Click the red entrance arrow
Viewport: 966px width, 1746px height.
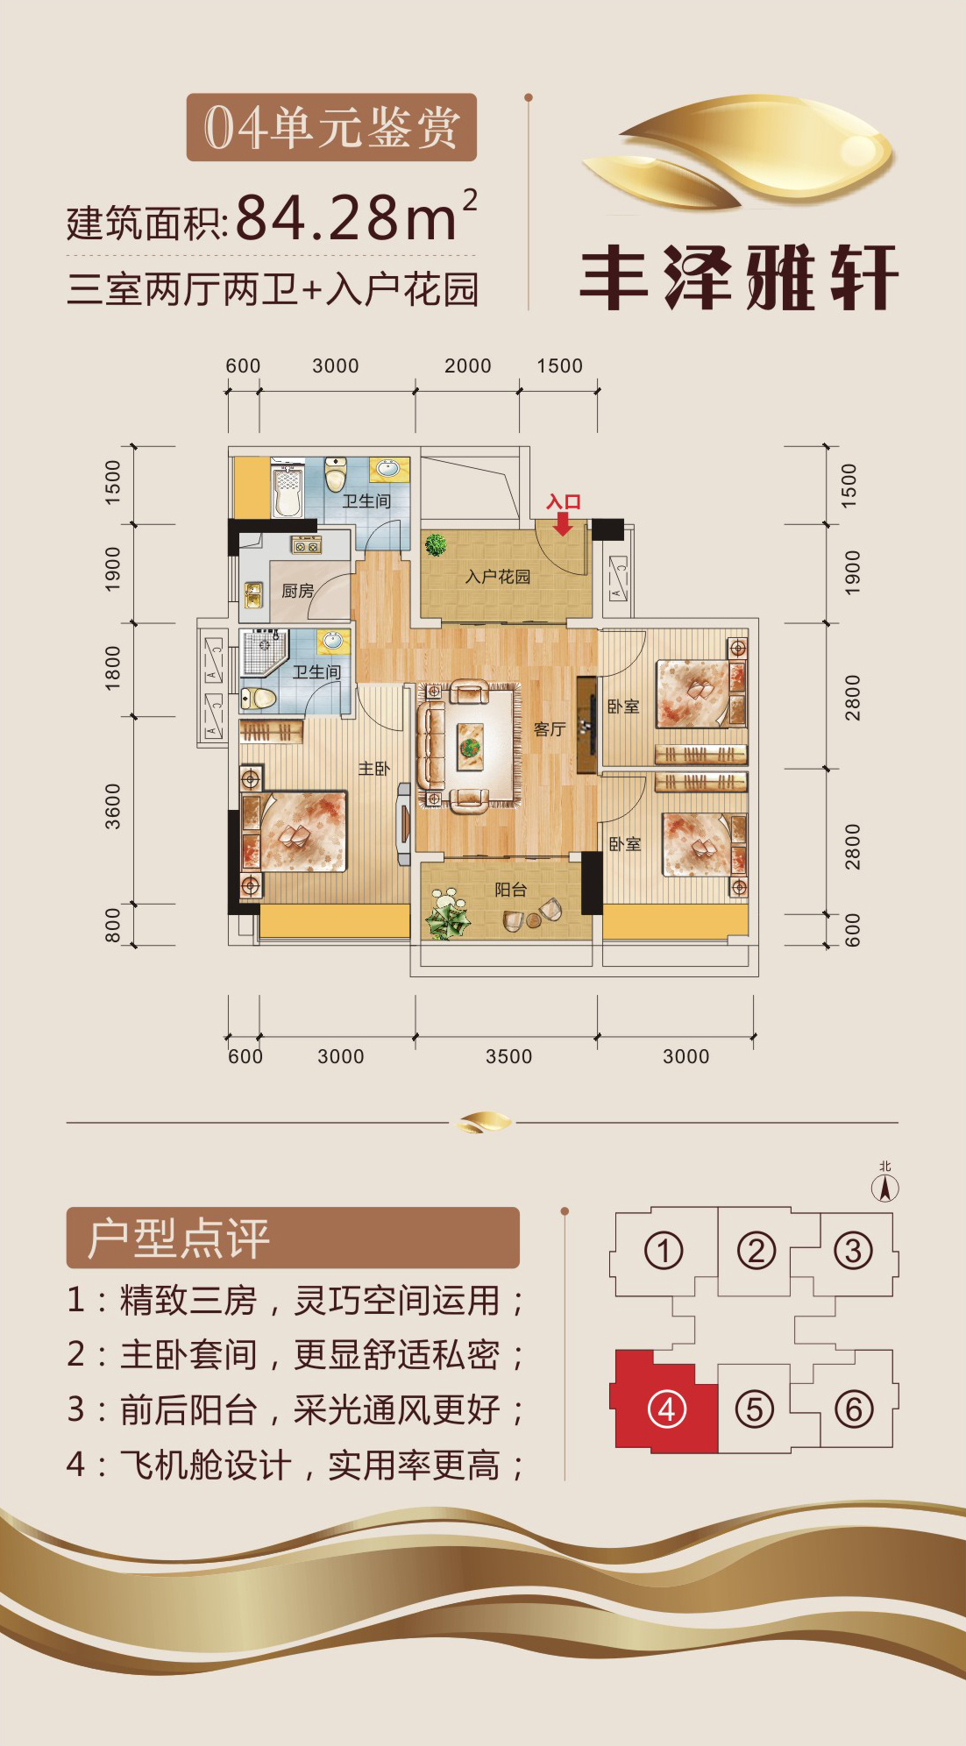click(563, 523)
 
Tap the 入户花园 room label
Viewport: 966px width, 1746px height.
click(498, 577)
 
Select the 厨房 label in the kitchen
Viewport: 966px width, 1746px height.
click(297, 592)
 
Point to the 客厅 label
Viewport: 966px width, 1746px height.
click(550, 729)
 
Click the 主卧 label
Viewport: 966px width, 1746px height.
click(373, 769)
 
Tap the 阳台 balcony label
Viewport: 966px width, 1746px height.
click(510, 890)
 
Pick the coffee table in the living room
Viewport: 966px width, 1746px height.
click(471, 746)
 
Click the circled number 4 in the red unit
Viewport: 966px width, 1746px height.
click(666, 1409)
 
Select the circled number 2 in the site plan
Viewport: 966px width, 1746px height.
click(756, 1251)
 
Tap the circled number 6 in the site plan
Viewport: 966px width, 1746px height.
click(854, 1409)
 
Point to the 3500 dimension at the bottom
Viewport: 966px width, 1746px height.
click(509, 1056)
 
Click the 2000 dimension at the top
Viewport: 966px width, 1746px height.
click(468, 366)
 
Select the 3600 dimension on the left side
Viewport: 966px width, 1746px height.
click(113, 806)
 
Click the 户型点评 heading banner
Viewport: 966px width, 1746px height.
click(293, 1238)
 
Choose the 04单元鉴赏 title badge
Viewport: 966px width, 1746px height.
click(331, 127)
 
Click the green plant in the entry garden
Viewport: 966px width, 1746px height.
click(435, 545)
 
